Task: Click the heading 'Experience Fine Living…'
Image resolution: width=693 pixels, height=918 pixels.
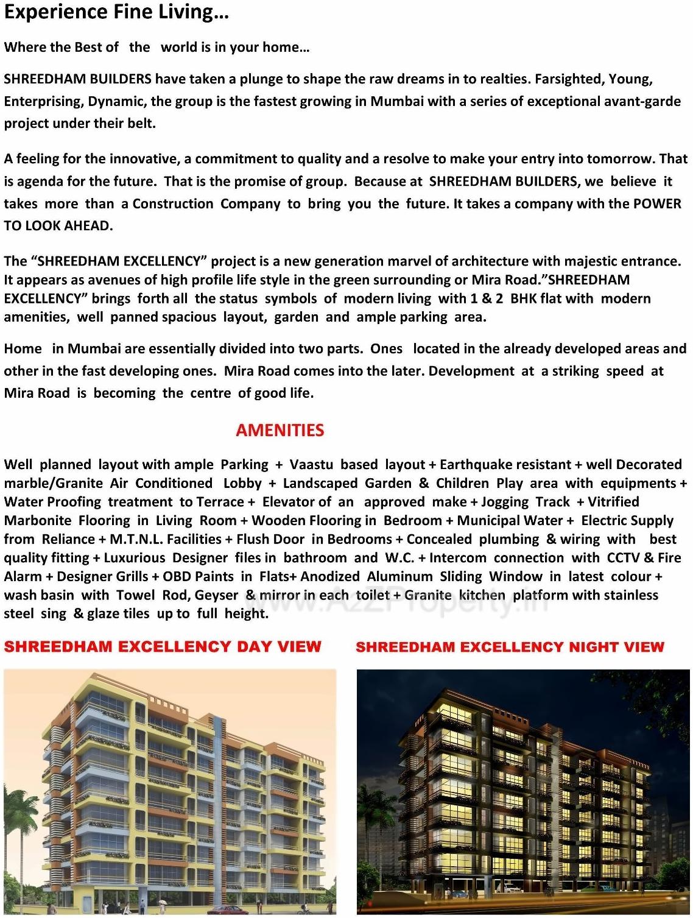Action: [116, 13]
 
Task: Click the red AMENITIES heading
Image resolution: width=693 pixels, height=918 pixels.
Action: [280, 430]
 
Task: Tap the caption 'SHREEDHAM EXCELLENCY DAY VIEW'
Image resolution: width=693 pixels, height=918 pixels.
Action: [162, 646]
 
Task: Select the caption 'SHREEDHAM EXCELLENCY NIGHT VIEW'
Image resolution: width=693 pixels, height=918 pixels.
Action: [510, 647]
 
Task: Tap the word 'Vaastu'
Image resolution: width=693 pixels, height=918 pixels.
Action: [311, 465]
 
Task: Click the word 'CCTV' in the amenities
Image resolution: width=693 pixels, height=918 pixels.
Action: [623, 558]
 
